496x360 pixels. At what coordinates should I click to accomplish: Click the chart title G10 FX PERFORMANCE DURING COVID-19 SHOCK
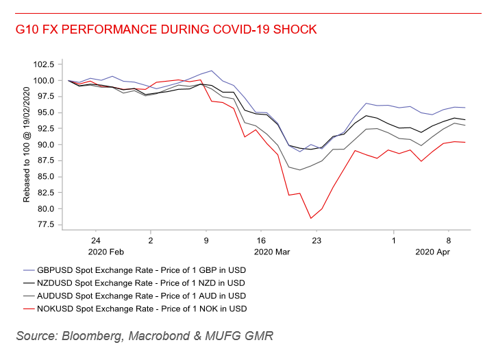coord(166,30)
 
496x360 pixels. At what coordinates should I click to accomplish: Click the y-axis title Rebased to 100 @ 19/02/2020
coord(27,144)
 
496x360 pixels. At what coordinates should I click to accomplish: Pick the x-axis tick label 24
coord(95,241)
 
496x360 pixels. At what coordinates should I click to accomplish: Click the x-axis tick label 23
coord(317,241)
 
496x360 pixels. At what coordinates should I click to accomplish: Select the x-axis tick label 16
coord(261,241)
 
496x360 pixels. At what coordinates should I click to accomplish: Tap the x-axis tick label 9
coord(206,241)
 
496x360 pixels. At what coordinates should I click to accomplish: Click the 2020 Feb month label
coord(106,252)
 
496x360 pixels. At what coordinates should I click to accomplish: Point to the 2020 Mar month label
coord(272,252)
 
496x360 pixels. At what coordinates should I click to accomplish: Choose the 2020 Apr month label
coord(432,252)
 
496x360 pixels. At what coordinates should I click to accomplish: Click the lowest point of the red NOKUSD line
coord(310,219)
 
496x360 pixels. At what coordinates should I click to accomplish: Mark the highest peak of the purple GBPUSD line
coord(212,71)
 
